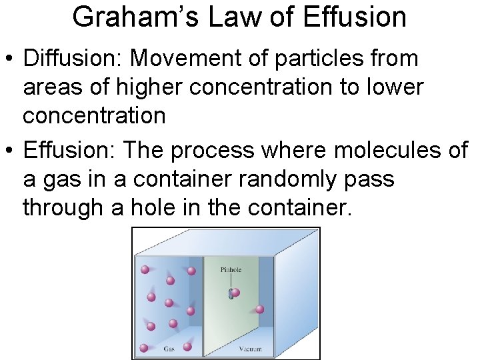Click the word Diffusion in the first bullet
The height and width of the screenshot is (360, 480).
click(71, 59)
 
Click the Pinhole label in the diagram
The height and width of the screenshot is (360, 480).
click(231, 270)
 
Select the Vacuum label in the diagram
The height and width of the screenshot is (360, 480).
click(251, 349)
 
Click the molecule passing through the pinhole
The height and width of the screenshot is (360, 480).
click(234, 292)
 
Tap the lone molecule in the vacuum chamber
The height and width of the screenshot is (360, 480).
click(259, 309)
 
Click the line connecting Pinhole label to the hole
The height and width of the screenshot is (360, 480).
click(231, 281)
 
